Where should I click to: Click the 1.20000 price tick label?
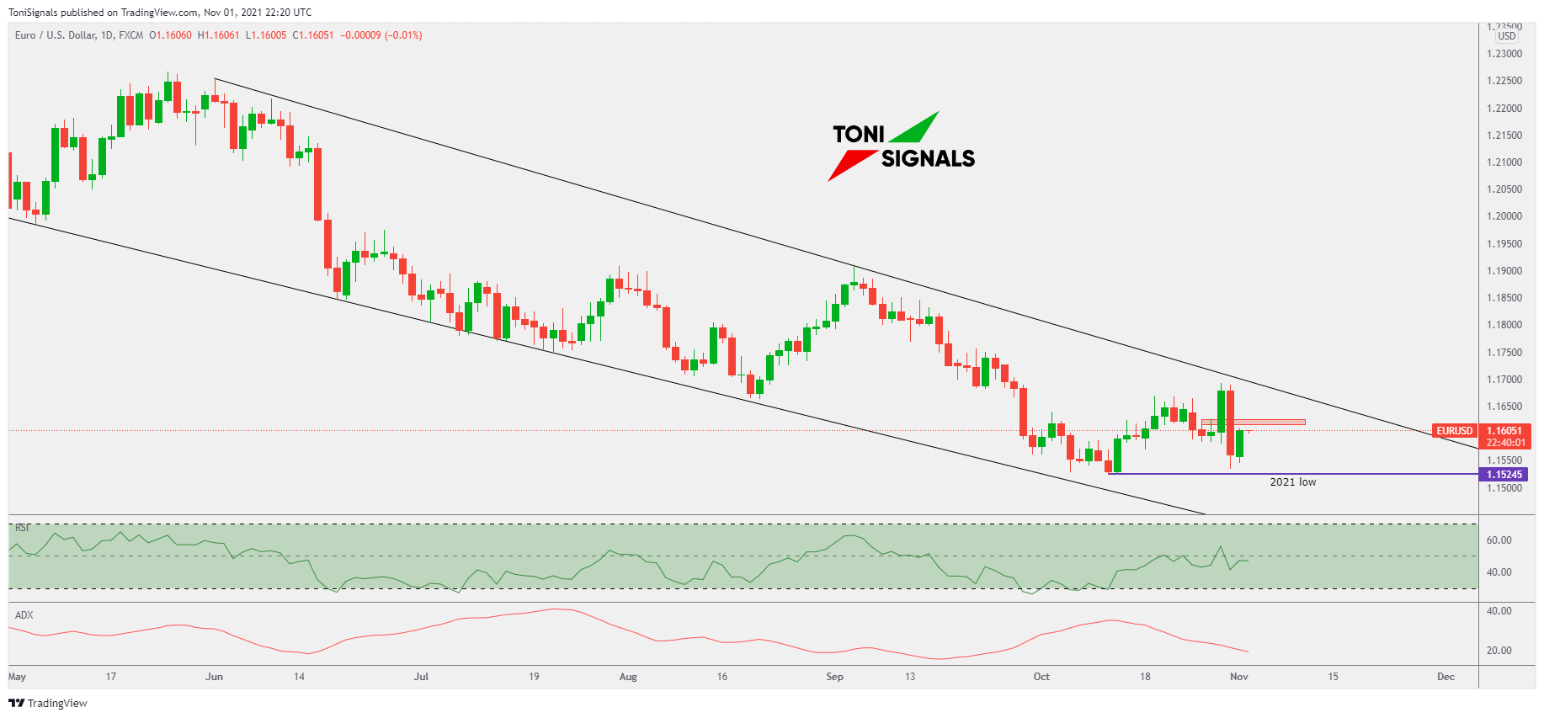(1504, 216)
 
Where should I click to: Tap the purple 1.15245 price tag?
(1504, 475)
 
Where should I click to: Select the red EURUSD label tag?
(1454, 431)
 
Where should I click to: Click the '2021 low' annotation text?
(1292, 482)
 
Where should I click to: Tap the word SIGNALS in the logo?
(928, 158)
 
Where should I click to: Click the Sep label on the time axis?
(834, 677)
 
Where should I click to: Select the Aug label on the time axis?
(628, 677)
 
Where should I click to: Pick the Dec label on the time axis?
(1446, 677)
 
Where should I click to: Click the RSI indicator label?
(22, 528)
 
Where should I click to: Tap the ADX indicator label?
(24, 615)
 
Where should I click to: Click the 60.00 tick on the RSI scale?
(1499, 540)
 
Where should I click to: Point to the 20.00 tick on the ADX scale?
(1499, 651)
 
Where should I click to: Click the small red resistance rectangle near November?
(1253, 422)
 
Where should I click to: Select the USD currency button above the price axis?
(1506, 36)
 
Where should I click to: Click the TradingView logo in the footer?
(49, 704)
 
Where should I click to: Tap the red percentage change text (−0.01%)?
(403, 35)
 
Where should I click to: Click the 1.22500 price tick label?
(1504, 81)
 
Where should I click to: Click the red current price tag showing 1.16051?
(1505, 431)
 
